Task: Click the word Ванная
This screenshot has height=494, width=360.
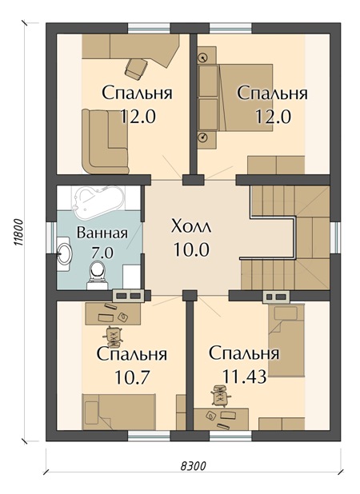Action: [x=102, y=234]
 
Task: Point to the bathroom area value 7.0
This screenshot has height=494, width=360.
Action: [x=102, y=253]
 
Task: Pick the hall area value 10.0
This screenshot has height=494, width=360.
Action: [x=191, y=248]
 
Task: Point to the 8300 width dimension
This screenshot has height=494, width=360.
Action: [x=193, y=465]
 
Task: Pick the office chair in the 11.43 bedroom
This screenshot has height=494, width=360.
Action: [x=219, y=396]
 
